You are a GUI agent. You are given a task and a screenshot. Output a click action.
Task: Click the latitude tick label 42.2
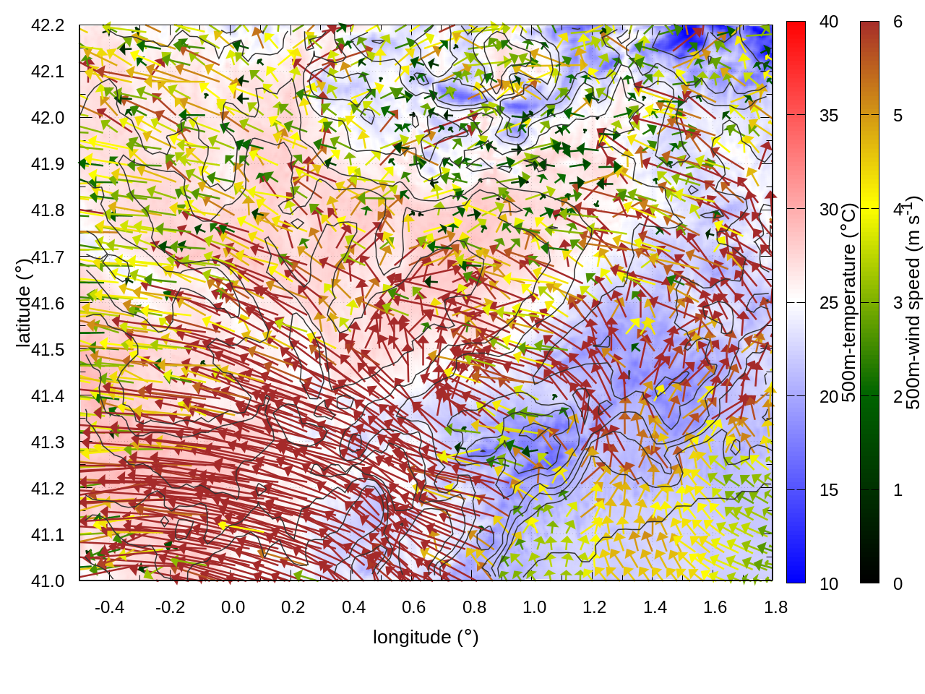click(48, 25)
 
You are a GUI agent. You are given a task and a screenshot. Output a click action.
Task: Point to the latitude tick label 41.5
click(48, 350)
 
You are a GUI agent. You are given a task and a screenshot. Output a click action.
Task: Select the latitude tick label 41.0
click(48, 581)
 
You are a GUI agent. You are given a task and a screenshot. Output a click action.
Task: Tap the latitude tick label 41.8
click(48, 210)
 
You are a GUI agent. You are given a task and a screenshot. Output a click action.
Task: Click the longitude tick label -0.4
click(109, 607)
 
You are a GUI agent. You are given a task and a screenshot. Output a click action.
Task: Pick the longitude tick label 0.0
click(233, 607)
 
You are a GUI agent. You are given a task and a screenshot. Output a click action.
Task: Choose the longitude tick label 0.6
click(414, 607)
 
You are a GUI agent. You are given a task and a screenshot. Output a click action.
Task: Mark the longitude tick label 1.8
click(775, 607)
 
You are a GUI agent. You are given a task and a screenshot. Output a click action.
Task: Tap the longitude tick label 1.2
click(595, 607)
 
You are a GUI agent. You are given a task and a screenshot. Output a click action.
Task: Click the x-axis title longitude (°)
click(426, 637)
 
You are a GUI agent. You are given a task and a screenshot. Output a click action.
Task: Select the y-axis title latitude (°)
click(23, 302)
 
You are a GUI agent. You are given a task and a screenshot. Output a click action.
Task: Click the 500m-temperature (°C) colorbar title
click(849, 302)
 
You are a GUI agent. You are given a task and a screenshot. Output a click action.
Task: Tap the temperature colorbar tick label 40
click(829, 22)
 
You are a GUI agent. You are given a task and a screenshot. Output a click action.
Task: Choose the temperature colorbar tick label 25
click(829, 303)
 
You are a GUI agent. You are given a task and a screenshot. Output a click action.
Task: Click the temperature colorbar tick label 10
click(829, 583)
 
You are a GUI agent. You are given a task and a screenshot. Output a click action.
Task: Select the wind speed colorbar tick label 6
click(898, 22)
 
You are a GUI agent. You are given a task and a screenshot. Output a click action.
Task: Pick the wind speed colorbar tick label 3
click(898, 303)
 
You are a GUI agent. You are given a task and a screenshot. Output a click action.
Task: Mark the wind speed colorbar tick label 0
click(898, 583)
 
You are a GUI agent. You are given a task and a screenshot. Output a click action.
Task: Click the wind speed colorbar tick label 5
click(898, 116)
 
